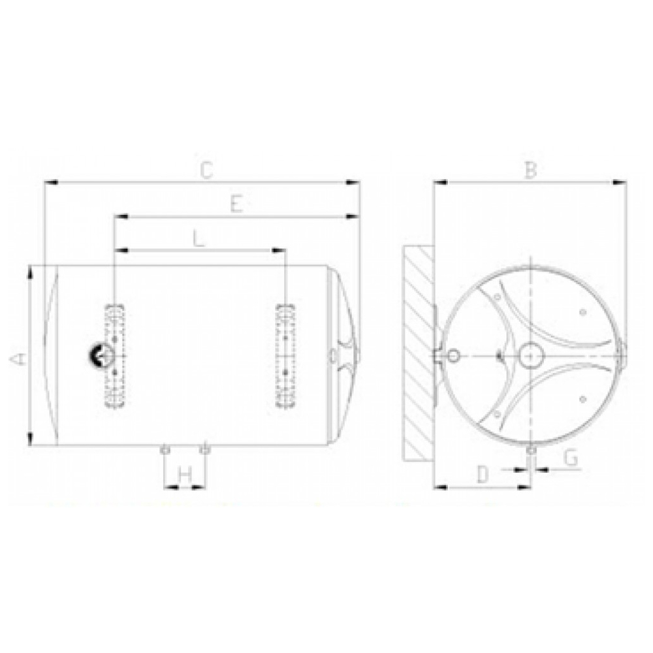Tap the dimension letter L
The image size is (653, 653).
(x=199, y=239)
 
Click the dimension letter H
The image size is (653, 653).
(x=185, y=475)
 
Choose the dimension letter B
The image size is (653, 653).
(x=530, y=170)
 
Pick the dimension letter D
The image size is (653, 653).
(x=483, y=475)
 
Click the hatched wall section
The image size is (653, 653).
(x=419, y=353)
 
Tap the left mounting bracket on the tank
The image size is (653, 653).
(x=116, y=355)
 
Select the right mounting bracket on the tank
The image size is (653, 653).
(x=285, y=355)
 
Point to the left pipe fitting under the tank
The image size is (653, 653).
(x=164, y=449)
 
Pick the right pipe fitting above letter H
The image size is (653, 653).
(x=206, y=449)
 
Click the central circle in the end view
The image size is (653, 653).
(x=530, y=355)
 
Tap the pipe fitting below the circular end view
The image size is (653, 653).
(x=531, y=451)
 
